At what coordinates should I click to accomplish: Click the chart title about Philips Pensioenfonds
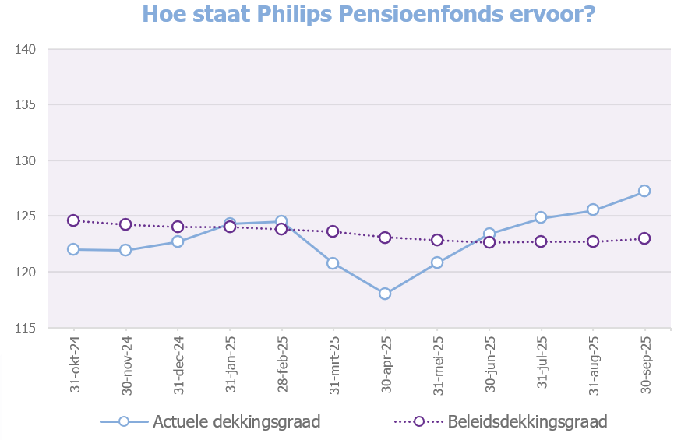pyautogui.click(x=369, y=14)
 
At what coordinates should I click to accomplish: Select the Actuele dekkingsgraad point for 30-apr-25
pyautogui.click(x=385, y=294)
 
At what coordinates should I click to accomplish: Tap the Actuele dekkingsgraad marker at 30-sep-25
pyautogui.click(x=644, y=191)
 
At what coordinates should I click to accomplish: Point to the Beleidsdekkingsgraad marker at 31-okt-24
pyautogui.click(x=73, y=220)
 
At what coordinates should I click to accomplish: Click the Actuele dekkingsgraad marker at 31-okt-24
pyautogui.click(x=73, y=249)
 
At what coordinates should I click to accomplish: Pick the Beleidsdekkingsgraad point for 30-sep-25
pyautogui.click(x=644, y=238)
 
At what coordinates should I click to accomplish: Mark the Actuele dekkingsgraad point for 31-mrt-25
pyautogui.click(x=333, y=263)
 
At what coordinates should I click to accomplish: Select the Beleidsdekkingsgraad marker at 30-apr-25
pyautogui.click(x=385, y=238)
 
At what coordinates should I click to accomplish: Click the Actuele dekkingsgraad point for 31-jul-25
pyautogui.click(x=541, y=217)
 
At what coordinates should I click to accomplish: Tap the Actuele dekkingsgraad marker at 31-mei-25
pyautogui.click(x=437, y=262)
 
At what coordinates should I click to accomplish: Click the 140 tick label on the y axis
pyautogui.click(x=26, y=49)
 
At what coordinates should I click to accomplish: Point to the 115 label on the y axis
pyautogui.click(x=26, y=328)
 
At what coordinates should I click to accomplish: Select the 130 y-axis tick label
pyautogui.click(x=26, y=160)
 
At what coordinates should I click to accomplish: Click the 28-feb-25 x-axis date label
pyautogui.click(x=282, y=363)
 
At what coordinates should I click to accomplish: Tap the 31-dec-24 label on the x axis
pyautogui.click(x=178, y=363)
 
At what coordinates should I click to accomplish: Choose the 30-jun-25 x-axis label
pyautogui.click(x=490, y=363)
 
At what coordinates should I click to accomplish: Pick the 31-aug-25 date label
pyautogui.click(x=594, y=363)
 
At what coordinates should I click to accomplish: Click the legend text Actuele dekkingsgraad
pyautogui.click(x=237, y=421)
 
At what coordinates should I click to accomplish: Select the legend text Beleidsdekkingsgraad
pyautogui.click(x=528, y=421)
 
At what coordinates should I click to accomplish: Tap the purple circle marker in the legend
pyautogui.click(x=418, y=421)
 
